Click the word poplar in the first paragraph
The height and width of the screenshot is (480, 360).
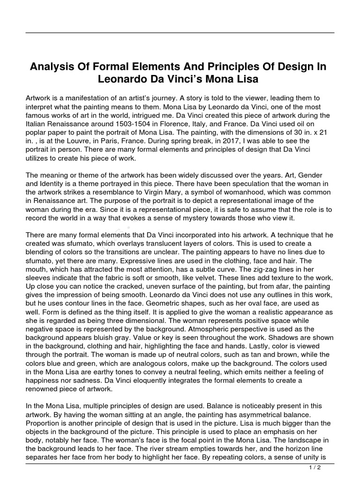point(38,133)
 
